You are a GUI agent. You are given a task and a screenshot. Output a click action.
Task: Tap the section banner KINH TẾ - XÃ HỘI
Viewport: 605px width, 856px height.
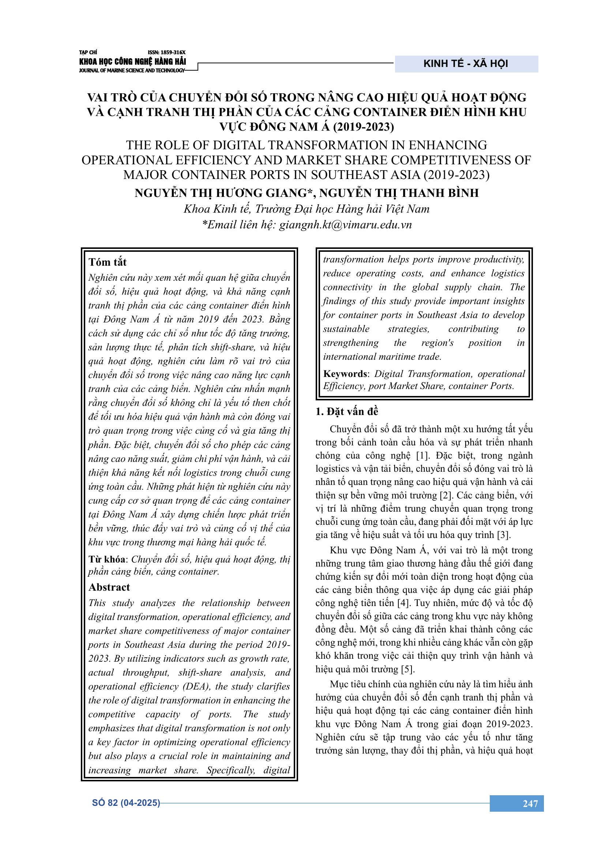tap(466, 64)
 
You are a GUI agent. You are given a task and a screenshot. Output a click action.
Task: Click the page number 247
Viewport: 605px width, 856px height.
tap(530, 803)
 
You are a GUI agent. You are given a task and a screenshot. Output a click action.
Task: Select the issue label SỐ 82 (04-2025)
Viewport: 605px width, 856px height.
tap(126, 803)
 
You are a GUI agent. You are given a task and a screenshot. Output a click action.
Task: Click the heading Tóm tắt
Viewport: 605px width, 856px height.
tap(108, 262)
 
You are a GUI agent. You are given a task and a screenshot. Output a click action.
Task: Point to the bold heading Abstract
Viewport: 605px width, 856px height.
tap(109, 587)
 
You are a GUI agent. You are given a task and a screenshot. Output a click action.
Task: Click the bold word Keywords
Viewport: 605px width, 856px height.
tap(345, 374)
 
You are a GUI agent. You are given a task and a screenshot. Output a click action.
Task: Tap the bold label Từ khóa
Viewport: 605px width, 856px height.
tap(107, 559)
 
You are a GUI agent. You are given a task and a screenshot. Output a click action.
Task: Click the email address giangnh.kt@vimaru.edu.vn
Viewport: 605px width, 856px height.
tap(345, 224)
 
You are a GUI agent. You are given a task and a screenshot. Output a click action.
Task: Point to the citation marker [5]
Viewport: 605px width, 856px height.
tap(407, 669)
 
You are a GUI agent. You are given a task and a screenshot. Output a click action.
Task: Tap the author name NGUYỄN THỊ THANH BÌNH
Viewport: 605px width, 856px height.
tap(399, 193)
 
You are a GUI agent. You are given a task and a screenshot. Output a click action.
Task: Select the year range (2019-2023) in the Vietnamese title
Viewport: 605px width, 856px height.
tap(363, 127)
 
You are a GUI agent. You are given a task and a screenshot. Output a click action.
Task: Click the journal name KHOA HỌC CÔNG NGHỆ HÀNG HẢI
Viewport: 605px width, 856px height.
tap(132, 61)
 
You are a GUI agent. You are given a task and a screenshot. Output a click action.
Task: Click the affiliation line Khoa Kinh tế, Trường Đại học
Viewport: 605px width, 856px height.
tap(306, 209)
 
